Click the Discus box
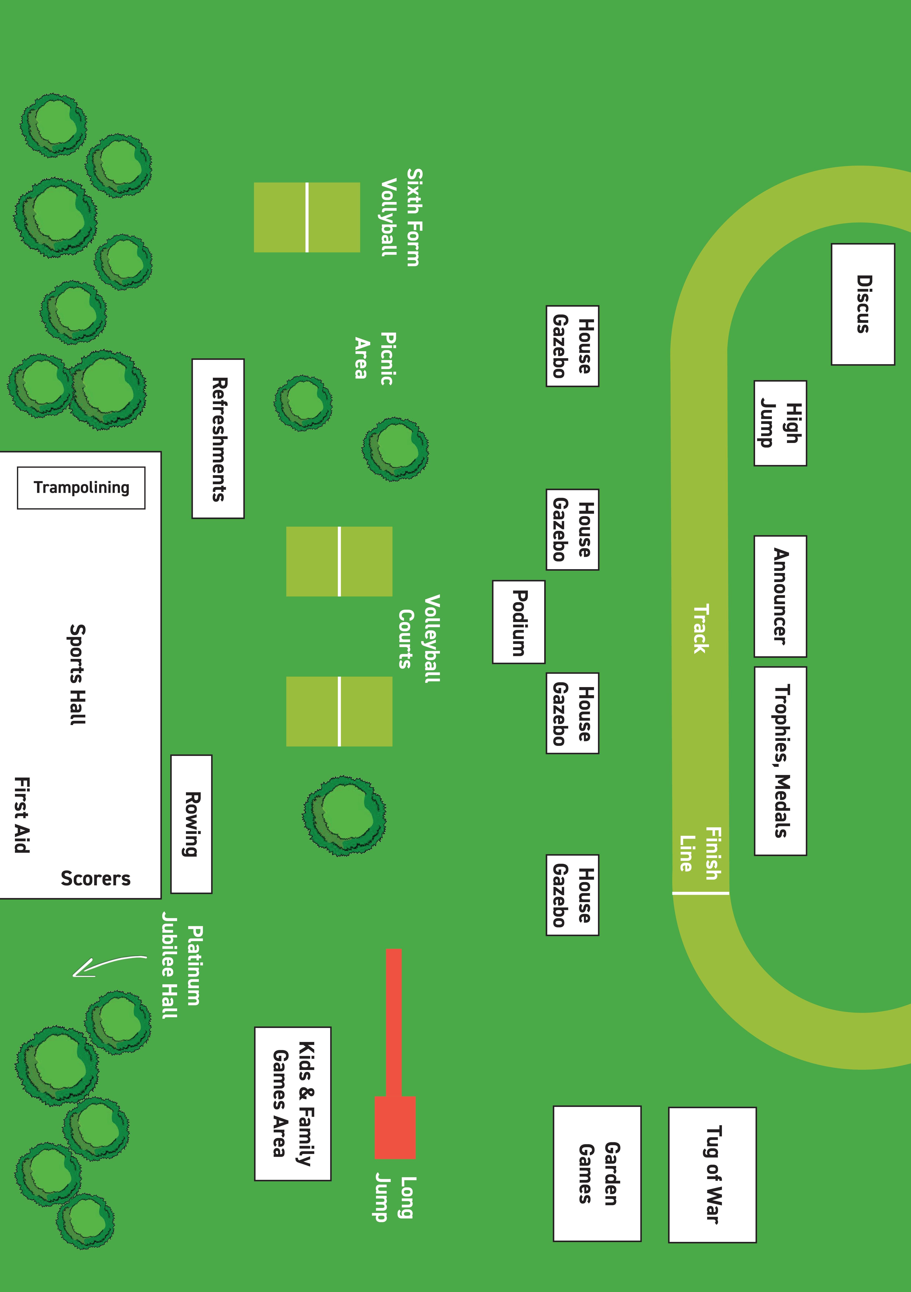point(863,304)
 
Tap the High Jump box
point(780,423)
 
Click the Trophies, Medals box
point(780,761)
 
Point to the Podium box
point(518,622)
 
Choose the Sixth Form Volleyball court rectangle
point(307,217)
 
